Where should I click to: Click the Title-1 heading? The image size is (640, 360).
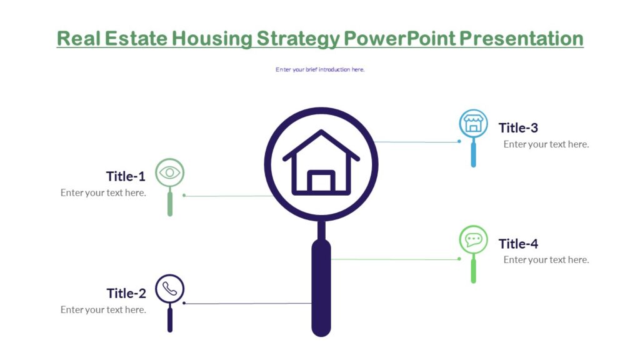(126, 176)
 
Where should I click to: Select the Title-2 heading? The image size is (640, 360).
(126, 293)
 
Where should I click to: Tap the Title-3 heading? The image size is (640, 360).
(518, 128)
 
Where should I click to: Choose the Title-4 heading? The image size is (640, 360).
(518, 244)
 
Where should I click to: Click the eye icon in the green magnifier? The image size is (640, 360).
(169, 172)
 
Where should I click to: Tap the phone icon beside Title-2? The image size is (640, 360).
(169, 289)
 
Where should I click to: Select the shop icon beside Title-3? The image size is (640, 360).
(473, 123)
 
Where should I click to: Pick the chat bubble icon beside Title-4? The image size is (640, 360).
(473, 239)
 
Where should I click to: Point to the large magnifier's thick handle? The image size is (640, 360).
(321, 287)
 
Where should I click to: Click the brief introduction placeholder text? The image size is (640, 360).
(320, 69)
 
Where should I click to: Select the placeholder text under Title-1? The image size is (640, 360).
(103, 192)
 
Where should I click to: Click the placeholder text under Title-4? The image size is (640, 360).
(546, 260)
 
